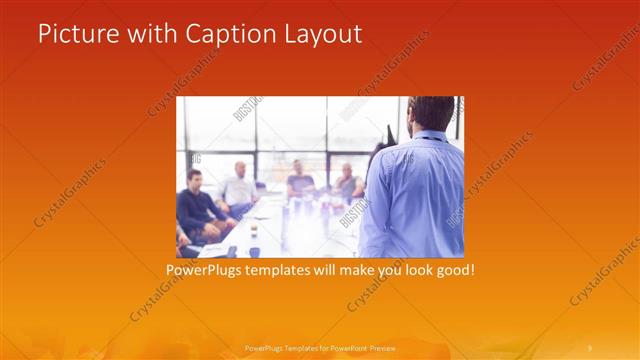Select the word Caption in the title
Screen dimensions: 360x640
coord(222,34)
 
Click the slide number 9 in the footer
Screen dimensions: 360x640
coord(590,347)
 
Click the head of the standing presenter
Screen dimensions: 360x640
coord(431,113)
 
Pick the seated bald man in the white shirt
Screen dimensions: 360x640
coord(240,187)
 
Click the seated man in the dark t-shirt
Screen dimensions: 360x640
coord(299,180)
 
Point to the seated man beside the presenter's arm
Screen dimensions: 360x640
coord(348,183)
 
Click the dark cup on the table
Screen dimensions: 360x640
coord(254,250)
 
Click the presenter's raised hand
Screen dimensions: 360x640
coord(388,132)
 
